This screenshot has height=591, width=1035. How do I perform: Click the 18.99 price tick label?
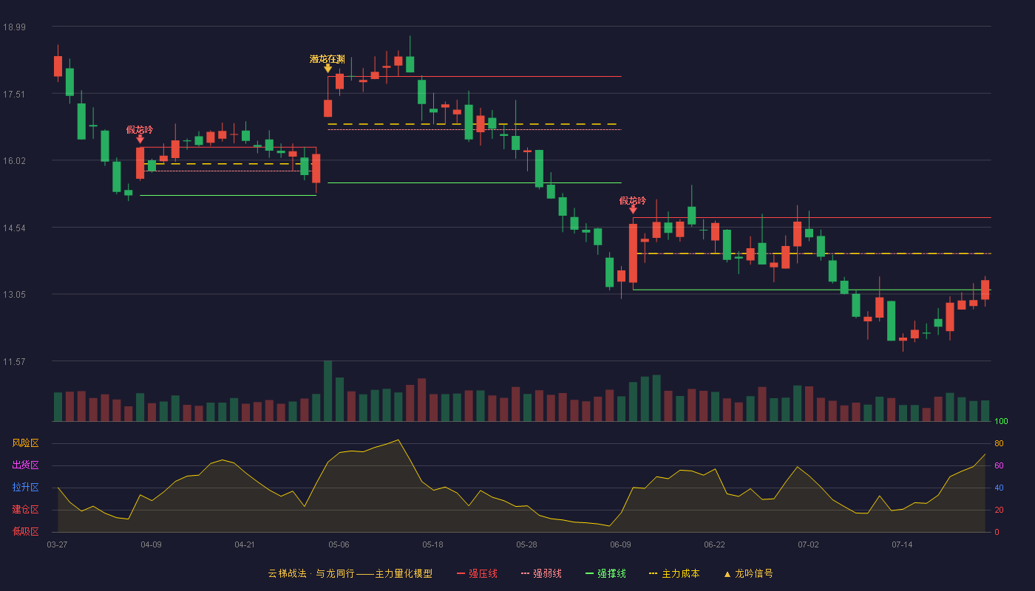pos(14,27)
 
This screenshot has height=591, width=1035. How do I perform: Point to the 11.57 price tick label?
pos(14,362)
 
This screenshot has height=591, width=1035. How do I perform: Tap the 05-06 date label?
pos(339,545)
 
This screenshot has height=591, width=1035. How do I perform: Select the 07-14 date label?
pos(902,545)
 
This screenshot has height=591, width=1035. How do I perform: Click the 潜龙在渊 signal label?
pos(327,59)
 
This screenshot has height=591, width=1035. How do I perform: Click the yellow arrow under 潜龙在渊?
pos(328,69)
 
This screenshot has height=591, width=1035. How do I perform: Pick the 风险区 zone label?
pos(25,443)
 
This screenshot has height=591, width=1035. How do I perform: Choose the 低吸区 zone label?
pos(25,532)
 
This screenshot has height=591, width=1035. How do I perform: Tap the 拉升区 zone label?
pos(25,488)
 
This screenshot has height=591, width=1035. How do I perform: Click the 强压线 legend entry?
pos(477,574)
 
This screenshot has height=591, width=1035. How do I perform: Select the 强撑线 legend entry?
pos(605,574)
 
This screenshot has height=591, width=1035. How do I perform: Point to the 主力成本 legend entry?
pos(674,574)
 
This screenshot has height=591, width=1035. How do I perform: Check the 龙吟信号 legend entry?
pos(748,574)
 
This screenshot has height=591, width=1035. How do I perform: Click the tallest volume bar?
pos(328,391)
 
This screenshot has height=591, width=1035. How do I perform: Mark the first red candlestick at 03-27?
pos(58,66)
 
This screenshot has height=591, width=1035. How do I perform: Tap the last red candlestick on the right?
pos(985,290)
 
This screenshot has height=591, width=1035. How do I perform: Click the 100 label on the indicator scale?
pos(1001,421)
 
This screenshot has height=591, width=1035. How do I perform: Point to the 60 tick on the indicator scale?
pos(999,465)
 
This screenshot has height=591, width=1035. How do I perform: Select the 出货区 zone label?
pos(25,465)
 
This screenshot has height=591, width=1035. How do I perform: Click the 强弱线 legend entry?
pos(541,574)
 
